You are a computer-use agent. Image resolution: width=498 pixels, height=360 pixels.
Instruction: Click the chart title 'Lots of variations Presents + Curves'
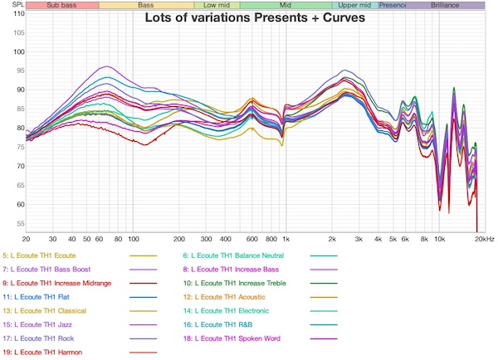point(255,17)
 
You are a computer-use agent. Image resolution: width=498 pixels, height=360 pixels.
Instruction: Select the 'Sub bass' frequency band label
point(62,5)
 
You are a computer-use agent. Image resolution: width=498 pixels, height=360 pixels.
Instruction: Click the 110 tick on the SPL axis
point(18,13)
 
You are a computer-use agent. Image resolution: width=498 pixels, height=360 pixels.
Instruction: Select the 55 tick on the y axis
point(18,224)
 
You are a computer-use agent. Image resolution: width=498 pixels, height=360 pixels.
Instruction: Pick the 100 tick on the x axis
point(133,238)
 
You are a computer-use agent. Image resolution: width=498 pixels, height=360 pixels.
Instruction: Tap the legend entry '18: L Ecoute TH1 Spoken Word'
point(238,338)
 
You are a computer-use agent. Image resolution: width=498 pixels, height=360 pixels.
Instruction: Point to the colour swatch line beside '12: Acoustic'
point(324,297)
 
